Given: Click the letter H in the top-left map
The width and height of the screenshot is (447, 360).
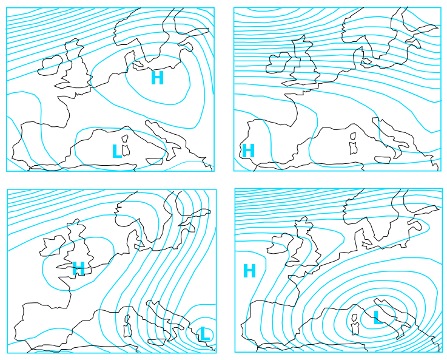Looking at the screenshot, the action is pos(157,78).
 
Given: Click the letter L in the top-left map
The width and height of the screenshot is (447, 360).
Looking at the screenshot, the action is pos(116,151).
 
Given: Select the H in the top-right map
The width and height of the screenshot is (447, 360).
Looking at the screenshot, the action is pos(248,151).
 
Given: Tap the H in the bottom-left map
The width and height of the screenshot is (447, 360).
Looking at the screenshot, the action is pos(79,268).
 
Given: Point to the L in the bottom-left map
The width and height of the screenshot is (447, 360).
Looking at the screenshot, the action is pos(205,334).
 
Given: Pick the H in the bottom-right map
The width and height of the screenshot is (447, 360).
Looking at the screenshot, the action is pos(249,271).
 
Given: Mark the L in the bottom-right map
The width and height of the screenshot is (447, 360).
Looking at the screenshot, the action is pos(378,318).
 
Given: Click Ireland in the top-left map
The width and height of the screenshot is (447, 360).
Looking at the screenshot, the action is pos(50,66).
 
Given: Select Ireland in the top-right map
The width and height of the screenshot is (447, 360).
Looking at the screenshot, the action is pos(278,63).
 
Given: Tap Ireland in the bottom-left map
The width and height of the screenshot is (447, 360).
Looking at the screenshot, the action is pos(52,246).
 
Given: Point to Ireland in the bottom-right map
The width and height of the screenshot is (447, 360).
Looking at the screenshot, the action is pos(281,243).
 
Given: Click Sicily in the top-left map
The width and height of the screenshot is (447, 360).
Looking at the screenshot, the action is pos(155,161).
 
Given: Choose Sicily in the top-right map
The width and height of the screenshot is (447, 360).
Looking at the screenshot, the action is pos(383,160).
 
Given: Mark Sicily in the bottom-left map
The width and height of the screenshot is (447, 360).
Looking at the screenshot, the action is pos(156,342).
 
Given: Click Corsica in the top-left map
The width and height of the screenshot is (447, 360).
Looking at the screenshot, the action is pos(124,138).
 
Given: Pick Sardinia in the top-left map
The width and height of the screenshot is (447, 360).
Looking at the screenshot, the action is pos(126,151).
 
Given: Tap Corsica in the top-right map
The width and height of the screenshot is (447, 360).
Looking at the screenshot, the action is pos(353,136).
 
